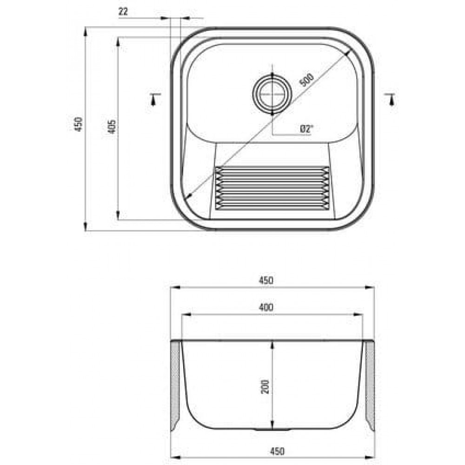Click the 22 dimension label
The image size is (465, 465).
[123, 12]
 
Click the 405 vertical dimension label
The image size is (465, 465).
[112, 126]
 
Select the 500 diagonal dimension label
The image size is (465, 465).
[306, 79]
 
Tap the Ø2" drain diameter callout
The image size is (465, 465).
[306, 129]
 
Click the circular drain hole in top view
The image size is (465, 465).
[272, 94]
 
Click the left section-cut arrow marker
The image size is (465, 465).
[154, 99]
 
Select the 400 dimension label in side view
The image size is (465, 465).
[266, 307]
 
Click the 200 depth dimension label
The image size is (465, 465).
[265, 386]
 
